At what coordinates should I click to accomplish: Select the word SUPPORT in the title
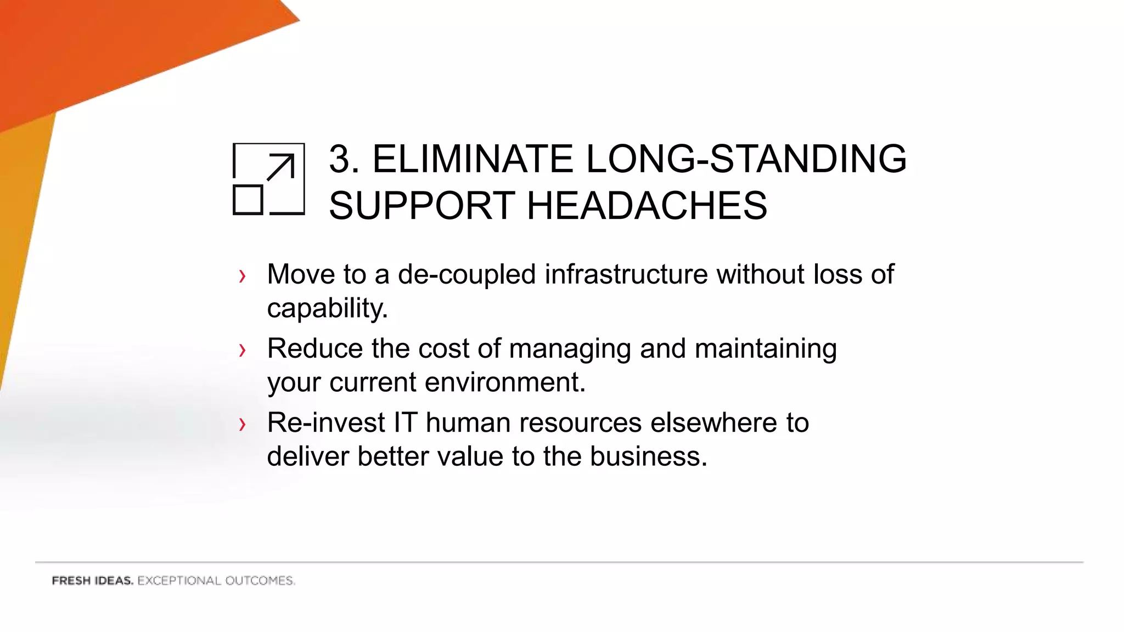[421, 206]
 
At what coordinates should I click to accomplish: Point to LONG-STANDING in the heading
[746, 159]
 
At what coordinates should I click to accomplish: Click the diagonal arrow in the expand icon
[280, 167]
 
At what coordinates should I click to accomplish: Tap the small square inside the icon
[248, 200]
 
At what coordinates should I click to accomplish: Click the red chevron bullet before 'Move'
[242, 276]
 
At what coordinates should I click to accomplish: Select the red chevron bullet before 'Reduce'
[242, 350]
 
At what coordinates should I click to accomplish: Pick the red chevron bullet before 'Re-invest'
[242, 424]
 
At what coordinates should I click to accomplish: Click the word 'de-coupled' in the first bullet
[467, 274]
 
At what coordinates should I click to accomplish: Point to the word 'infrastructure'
[626, 274]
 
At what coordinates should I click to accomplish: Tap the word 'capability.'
[327, 308]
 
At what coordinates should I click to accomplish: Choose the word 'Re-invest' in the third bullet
[326, 423]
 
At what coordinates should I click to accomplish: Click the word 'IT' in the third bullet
[405, 423]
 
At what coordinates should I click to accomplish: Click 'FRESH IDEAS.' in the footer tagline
[92, 580]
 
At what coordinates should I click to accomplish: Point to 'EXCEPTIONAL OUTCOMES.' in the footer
[216, 580]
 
